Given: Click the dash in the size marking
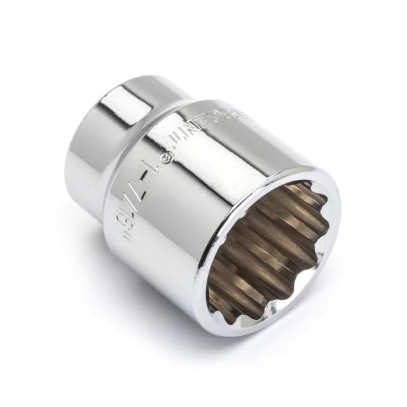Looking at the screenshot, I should [x=146, y=174].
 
